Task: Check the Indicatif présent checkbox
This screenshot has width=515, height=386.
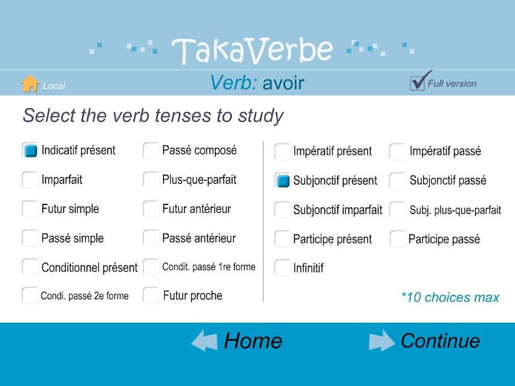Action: [30, 151]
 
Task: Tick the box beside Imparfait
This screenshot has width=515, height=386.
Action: [30, 180]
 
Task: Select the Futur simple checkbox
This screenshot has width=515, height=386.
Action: [30, 209]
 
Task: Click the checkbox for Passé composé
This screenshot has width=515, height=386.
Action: [151, 151]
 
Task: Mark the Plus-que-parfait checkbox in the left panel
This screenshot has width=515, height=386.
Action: [151, 180]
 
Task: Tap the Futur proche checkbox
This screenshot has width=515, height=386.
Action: [151, 296]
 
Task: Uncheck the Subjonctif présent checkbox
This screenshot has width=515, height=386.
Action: [283, 181]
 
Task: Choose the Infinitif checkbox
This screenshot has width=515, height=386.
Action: [283, 268]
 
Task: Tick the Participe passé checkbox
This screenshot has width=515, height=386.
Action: [398, 239]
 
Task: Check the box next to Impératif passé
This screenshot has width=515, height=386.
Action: [397, 151]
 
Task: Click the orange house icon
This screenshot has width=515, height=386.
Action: [30, 83]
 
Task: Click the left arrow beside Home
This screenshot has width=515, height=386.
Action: [204, 341]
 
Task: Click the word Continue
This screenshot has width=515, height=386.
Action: [440, 341]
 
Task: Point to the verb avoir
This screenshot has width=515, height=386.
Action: [283, 83]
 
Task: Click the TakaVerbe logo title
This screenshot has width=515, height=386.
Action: [252, 50]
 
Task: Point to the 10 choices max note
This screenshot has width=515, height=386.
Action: [450, 297]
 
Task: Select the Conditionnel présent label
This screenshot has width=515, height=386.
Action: [89, 268]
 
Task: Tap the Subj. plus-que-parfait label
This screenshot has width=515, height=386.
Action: [455, 210]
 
